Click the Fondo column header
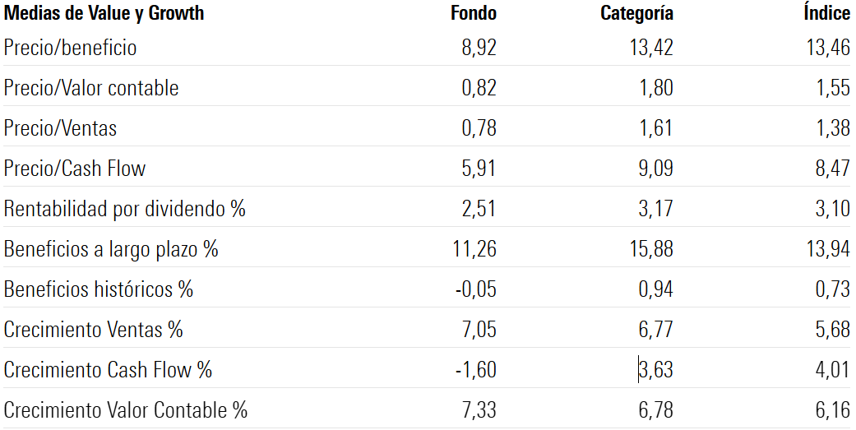pos(474,13)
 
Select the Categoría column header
pos(636,13)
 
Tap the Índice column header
pos(826,13)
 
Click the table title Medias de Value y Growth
pos(104,13)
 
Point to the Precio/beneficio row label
pos(70,48)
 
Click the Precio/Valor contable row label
pos(90,88)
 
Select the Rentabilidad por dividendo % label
pos(124,209)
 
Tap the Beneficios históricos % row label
pos(98,289)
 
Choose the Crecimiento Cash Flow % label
pos(108,370)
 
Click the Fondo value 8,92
pos(479,48)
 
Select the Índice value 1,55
pos(833,88)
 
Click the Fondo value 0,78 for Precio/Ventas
pos(479,128)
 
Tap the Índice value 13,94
pos(828,249)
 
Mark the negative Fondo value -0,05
pos(475,289)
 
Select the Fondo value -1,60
pos(475,370)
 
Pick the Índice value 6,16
pos(833,410)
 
